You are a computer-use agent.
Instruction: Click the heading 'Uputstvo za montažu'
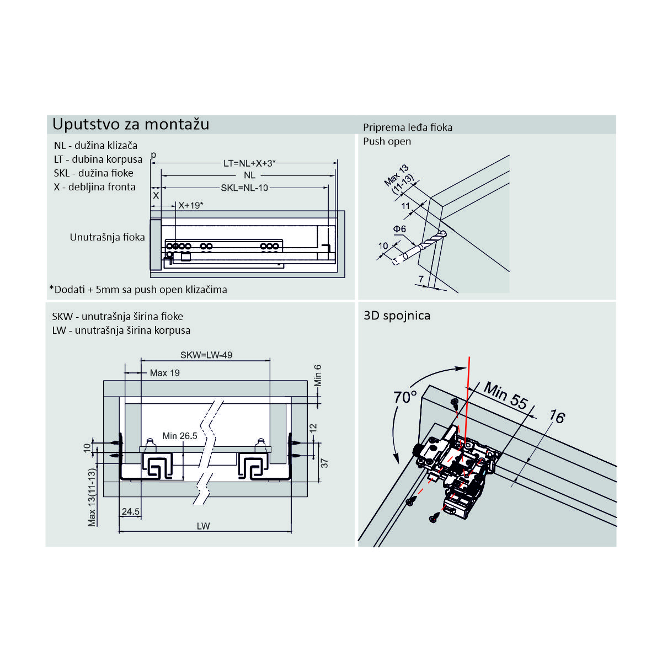click(x=131, y=124)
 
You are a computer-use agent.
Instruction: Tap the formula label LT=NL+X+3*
click(x=249, y=163)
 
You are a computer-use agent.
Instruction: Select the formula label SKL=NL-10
click(x=244, y=188)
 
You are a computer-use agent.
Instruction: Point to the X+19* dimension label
click(x=191, y=205)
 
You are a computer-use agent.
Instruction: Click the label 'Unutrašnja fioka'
click(x=107, y=237)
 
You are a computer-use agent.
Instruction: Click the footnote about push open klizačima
click(x=138, y=289)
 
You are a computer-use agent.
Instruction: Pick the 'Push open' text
click(x=387, y=141)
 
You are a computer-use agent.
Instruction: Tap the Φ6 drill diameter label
click(x=399, y=229)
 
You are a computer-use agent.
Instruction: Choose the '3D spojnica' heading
click(x=397, y=316)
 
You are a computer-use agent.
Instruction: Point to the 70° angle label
click(x=405, y=397)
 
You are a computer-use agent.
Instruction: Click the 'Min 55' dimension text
click(x=505, y=396)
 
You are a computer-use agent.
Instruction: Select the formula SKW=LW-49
click(x=206, y=355)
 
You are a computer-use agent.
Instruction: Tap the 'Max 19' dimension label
click(x=164, y=373)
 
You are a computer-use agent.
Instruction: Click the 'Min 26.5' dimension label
click(x=180, y=436)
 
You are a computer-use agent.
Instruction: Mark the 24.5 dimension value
click(x=131, y=511)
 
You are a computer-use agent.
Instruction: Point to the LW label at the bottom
click(x=204, y=526)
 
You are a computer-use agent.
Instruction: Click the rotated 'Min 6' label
click(x=318, y=375)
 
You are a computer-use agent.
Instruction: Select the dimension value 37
click(x=324, y=463)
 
